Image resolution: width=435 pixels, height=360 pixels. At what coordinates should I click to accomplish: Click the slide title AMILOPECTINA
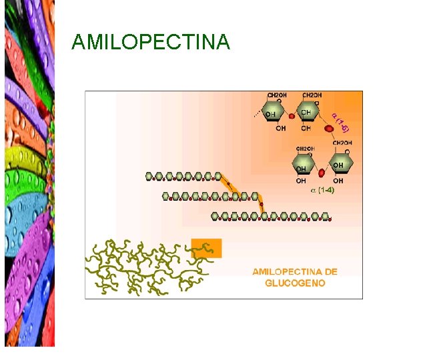tap(150, 43)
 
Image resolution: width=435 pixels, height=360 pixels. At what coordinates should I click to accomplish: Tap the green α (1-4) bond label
tap(323, 191)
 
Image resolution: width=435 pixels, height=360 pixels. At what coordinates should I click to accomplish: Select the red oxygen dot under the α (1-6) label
tap(329, 128)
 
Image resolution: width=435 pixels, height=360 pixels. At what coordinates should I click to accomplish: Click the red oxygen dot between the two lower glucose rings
tap(322, 173)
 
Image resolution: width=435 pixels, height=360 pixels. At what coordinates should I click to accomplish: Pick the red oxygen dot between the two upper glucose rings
tap(292, 116)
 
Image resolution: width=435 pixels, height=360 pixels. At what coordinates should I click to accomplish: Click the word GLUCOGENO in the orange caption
tap(295, 283)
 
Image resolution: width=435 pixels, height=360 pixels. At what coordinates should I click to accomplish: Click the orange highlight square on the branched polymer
tap(206, 248)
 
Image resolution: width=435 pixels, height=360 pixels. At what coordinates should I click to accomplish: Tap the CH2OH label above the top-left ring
tap(278, 95)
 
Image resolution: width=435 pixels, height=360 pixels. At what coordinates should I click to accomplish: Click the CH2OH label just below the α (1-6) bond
tap(342, 143)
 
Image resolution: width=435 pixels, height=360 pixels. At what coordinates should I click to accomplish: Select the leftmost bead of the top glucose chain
tap(150, 177)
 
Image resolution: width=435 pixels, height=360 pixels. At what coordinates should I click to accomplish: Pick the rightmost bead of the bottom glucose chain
tap(325, 216)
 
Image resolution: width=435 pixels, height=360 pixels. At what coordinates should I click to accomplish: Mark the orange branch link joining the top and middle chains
tap(230, 186)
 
